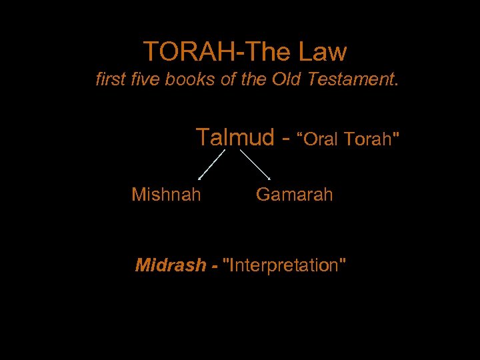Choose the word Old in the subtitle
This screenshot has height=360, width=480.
point(285,81)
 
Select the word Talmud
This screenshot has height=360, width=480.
point(235,137)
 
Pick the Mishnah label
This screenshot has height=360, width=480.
point(166,195)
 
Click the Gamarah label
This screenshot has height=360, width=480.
point(294,195)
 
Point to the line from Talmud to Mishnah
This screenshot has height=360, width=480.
point(212,165)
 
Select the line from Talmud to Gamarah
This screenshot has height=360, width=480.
point(254,165)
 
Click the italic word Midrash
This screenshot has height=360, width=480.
point(171,265)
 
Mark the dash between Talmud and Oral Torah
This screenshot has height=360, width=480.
point(286,139)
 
